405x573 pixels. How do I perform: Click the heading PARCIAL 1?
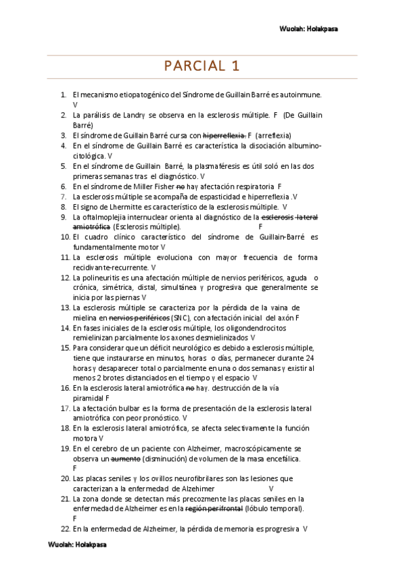[x=202, y=66]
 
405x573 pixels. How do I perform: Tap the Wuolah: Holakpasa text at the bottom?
[x=76, y=544]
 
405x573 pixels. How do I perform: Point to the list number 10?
[x=65, y=237]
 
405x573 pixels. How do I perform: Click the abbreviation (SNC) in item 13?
[x=181, y=318]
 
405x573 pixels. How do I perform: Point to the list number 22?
[x=65, y=528]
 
